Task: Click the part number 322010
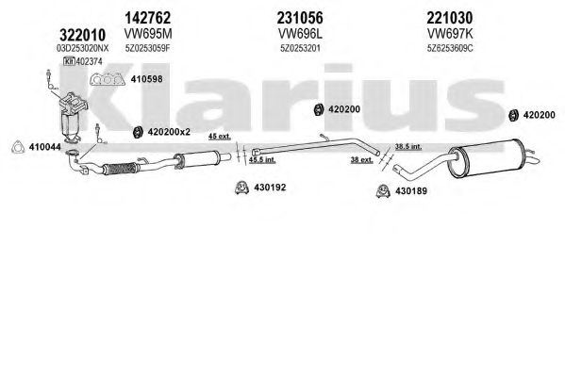[82, 35]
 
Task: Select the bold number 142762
[148, 17]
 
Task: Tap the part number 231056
[300, 17]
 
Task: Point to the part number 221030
[449, 17]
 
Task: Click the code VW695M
[148, 34]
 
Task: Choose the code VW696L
[300, 34]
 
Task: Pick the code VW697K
[450, 34]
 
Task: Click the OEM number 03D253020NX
[82, 48]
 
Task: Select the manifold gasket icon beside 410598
[108, 79]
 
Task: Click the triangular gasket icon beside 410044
[18, 147]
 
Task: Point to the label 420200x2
[169, 132]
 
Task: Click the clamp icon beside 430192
[241, 188]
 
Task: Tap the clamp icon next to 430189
[383, 191]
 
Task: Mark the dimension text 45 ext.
[220, 137]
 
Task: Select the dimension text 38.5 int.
[408, 147]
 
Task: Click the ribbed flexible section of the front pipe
[120, 169]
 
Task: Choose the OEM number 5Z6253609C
[450, 48]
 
